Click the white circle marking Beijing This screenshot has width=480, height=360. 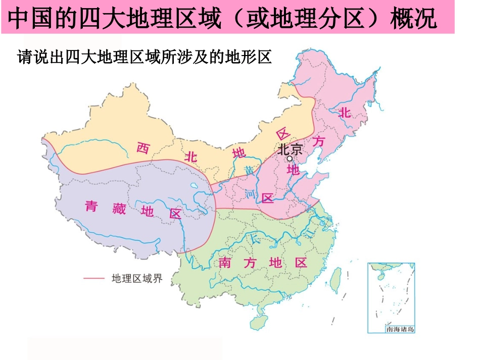[x=290, y=158]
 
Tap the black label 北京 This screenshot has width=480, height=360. [x=290, y=148]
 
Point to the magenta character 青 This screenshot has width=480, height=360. [x=91, y=206]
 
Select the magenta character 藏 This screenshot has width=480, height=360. [x=119, y=208]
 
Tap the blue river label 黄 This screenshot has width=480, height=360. [x=250, y=170]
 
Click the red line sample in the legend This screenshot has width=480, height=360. [x=93, y=278]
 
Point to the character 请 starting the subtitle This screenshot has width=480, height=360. [x=25, y=57]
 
